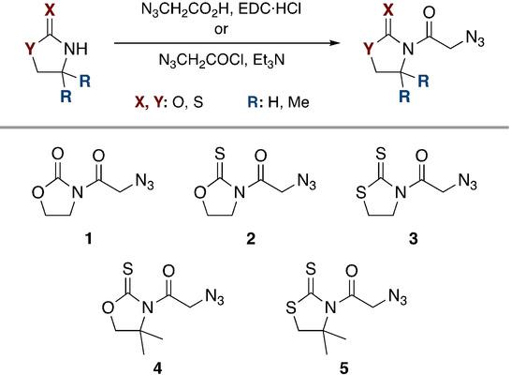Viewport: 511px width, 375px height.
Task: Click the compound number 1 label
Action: pos(89,239)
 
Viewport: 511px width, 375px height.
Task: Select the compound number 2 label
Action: pos(251,239)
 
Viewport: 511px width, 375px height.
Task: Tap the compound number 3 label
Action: pos(413,239)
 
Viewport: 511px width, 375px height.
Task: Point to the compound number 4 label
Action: pos(157,368)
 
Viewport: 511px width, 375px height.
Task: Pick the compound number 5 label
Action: pos(344,368)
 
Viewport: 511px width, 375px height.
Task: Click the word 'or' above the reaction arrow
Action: pos(221,29)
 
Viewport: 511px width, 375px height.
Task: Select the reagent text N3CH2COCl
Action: pos(201,61)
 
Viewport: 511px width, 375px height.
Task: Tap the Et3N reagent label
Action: pos(269,61)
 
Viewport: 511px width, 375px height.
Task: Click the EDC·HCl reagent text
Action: pos(270,9)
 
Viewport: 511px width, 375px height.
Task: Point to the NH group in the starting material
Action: pos(76,49)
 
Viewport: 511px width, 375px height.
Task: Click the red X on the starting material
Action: pos(50,9)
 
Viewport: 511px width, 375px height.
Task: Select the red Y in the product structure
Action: pos(369,49)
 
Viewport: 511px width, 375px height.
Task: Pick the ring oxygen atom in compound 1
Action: pos(37,192)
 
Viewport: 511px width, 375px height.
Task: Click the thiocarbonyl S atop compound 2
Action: pos(219,154)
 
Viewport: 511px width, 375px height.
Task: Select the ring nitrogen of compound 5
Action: pos(331,307)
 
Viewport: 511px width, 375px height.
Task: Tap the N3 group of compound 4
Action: pos(214,297)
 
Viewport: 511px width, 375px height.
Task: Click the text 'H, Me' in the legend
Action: pos(288,102)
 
